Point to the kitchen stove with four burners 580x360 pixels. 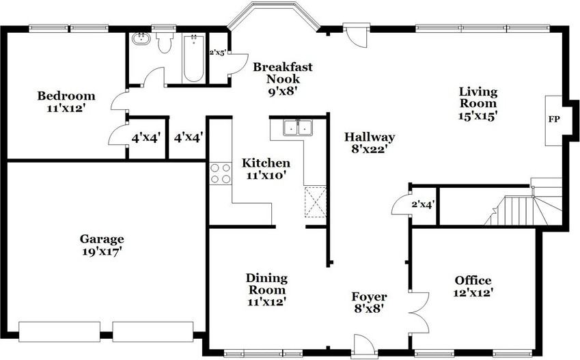point(219,173)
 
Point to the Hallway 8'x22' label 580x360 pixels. point(370,143)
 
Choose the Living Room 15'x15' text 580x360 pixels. point(478,103)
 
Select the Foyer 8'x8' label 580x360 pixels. point(369,302)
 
